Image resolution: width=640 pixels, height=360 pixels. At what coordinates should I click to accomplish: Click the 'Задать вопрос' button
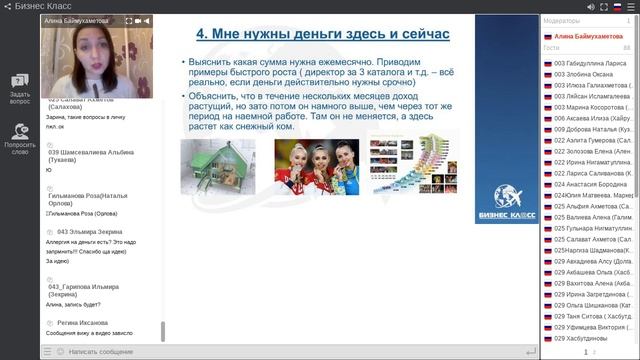20,88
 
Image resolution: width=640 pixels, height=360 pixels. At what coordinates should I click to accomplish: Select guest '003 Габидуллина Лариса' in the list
590,62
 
